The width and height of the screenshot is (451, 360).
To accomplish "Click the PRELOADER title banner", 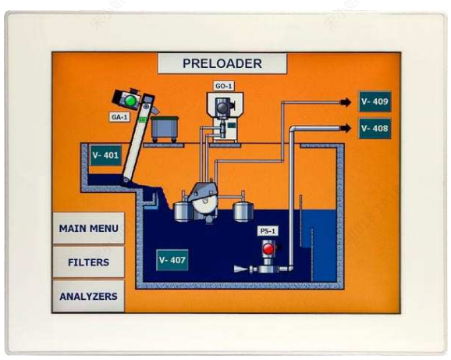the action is pyautogui.click(x=222, y=63).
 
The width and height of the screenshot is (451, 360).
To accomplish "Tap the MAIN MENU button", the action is pyautogui.click(x=89, y=229).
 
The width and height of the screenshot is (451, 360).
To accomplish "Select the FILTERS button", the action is pyautogui.click(x=89, y=262).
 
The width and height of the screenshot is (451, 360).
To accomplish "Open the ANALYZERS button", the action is pyautogui.click(x=89, y=296).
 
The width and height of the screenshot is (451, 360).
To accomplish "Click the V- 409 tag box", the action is pyautogui.click(x=375, y=102).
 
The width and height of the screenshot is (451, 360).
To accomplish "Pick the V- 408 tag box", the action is pyautogui.click(x=375, y=128).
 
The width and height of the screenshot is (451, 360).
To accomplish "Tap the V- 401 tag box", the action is pyautogui.click(x=105, y=155).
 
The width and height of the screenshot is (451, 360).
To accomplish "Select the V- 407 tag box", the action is pyautogui.click(x=172, y=260).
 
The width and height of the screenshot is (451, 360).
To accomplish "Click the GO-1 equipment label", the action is pyautogui.click(x=224, y=86).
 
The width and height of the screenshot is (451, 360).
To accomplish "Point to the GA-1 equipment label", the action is pyautogui.click(x=119, y=117).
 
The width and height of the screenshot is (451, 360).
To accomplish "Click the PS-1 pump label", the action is pyautogui.click(x=268, y=231).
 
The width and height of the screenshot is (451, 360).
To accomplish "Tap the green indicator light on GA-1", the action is pyautogui.click(x=130, y=101).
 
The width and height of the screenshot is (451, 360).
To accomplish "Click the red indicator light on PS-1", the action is pyautogui.click(x=268, y=249).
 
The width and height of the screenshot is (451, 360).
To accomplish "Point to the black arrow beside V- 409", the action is pyautogui.click(x=346, y=102).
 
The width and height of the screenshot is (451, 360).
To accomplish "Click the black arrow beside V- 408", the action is pyautogui.click(x=346, y=128).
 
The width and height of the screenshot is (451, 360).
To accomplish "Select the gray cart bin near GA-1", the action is pyautogui.click(x=165, y=129).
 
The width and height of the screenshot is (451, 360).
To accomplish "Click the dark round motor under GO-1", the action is pyautogui.click(x=222, y=108).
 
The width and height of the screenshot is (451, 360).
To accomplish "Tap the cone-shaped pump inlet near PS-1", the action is pyautogui.click(x=240, y=269).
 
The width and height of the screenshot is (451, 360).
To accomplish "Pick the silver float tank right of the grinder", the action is pyautogui.click(x=243, y=211).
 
